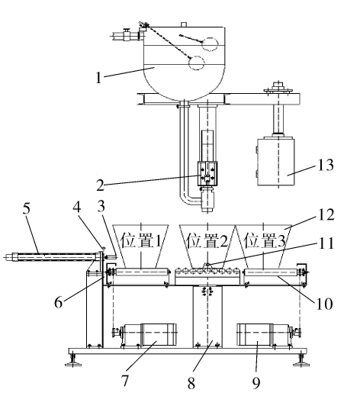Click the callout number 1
click(x=98, y=77)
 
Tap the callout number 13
click(x=325, y=165)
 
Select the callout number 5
click(x=26, y=208)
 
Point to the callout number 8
click(x=191, y=383)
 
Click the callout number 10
click(x=324, y=304)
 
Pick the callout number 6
click(x=59, y=302)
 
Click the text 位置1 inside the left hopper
click(x=140, y=240)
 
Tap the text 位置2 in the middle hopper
click(x=207, y=240)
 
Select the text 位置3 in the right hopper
click(x=265, y=240)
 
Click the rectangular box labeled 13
click(x=276, y=162)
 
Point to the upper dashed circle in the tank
click(x=210, y=44)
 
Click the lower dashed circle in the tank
click(x=197, y=63)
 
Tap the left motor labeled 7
click(x=149, y=334)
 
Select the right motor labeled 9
click(x=265, y=334)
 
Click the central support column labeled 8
click(x=207, y=317)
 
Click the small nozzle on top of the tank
click(x=184, y=24)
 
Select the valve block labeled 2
click(x=207, y=174)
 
